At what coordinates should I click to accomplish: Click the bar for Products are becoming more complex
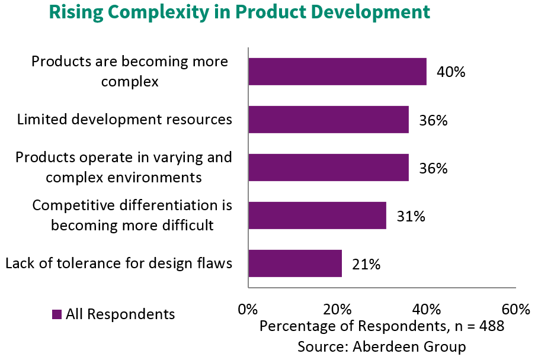click(x=337, y=72)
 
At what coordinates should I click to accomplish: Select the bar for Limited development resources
click(x=328, y=120)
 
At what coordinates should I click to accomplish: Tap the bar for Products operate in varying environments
click(x=328, y=168)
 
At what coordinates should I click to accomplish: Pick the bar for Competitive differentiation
click(x=317, y=216)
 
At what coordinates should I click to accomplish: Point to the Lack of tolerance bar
click(x=295, y=263)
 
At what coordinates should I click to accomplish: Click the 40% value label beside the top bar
click(x=451, y=72)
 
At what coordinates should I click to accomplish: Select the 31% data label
click(x=411, y=217)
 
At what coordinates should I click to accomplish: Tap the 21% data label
click(x=366, y=265)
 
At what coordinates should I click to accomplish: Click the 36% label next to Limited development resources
click(x=433, y=121)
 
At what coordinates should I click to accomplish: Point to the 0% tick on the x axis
click(x=248, y=310)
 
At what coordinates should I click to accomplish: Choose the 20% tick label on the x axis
click(x=337, y=310)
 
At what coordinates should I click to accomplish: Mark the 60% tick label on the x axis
click(x=515, y=310)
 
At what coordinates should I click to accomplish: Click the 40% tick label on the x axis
click(x=427, y=310)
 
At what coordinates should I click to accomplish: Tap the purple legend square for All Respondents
click(x=57, y=314)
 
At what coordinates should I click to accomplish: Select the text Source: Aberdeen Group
click(x=382, y=346)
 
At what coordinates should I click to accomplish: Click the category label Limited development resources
click(x=124, y=120)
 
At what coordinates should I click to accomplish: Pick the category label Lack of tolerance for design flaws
click(x=119, y=263)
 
